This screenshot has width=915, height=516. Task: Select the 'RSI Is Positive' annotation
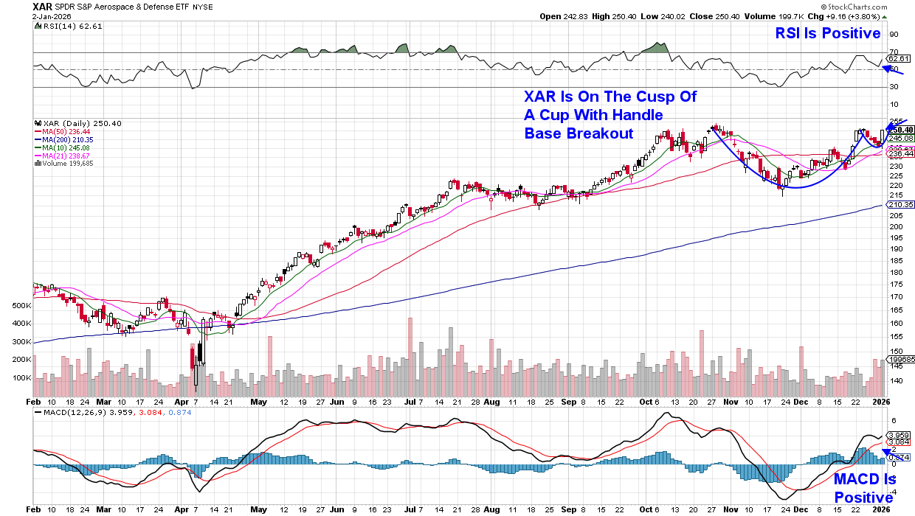(827, 33)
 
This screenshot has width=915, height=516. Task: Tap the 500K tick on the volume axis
(21, 305)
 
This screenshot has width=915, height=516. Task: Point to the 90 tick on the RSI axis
(894, 34)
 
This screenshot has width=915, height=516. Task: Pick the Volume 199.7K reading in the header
(766, 15)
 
